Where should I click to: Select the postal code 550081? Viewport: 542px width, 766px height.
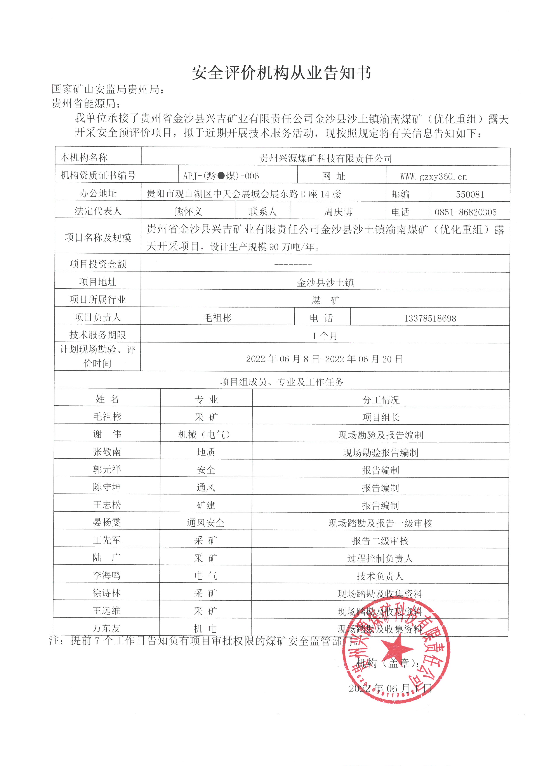(470, 194)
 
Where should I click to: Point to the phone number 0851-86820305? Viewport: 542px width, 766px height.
(465, 212)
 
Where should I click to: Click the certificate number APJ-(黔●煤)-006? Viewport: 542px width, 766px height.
(221, 176)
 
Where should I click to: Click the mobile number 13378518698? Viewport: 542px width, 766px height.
(430, 318)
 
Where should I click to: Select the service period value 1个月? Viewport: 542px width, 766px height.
(325, 336)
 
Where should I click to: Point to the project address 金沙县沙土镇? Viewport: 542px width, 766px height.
(325, 283)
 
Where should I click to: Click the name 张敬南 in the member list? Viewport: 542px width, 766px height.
(107, 452)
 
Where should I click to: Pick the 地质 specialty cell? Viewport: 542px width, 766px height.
(206, 452)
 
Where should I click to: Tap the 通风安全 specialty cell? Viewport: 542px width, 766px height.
(206, 523)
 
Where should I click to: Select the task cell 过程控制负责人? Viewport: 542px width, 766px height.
(380, 558)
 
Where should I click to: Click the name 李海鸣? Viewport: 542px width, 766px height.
(106, 575)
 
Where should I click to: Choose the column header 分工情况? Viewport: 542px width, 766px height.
(381, 400)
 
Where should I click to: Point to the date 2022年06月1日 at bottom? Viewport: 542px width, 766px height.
(390, 688)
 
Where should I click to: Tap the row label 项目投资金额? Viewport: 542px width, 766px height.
(98, 264)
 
